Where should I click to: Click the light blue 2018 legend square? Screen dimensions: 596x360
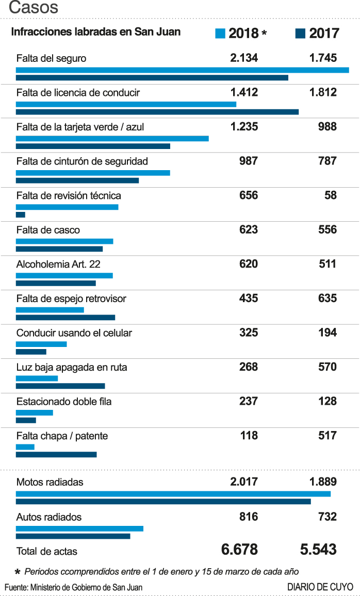click(220, 34)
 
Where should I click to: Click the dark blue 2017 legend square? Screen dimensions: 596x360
click(300, 34)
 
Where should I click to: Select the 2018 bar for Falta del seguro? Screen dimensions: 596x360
click(182, 70)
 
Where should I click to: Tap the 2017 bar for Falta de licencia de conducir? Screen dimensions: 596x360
click(157, 112)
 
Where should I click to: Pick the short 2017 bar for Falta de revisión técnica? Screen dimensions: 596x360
click(21, 214)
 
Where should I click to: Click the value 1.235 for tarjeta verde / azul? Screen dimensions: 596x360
click(244, 127)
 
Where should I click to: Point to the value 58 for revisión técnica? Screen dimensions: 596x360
click(331, 195)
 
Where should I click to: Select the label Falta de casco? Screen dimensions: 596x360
click(48, 230)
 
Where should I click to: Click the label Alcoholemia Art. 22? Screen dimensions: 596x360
click(58, 264)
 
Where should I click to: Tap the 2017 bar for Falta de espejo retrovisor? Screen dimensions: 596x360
click(65, 318)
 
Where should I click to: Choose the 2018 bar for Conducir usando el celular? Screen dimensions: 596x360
click(41, 344)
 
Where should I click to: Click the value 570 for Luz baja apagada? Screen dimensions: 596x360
click(328, 367)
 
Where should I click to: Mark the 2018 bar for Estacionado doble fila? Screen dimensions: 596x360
click(35, 412)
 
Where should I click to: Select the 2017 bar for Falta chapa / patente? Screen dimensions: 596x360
click(56, 455)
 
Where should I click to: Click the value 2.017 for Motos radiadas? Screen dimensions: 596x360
click(244, 482)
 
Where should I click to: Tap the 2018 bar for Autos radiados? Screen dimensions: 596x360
click(79, 528)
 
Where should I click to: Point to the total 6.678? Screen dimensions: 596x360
click(239, 550)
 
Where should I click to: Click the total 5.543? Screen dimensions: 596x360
click(318, 550)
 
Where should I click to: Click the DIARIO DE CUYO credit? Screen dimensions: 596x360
click(320, 587)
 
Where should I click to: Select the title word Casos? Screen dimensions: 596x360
click(34, 8)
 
